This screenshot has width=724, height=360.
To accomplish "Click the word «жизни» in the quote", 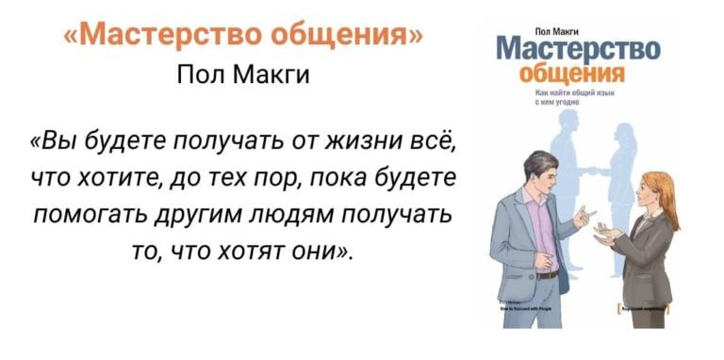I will click(x=353, y=142).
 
